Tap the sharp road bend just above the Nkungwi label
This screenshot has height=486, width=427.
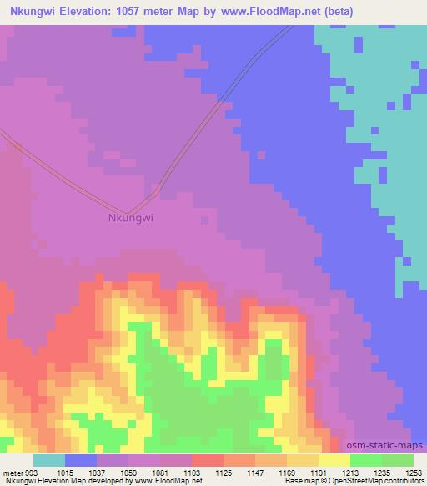coord(128,212)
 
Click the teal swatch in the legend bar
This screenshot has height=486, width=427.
coord(48,460)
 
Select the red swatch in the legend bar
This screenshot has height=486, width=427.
coord(207,460)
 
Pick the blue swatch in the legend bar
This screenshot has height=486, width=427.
coord(80,460)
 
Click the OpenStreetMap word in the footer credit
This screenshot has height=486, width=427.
coord(369,481)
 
